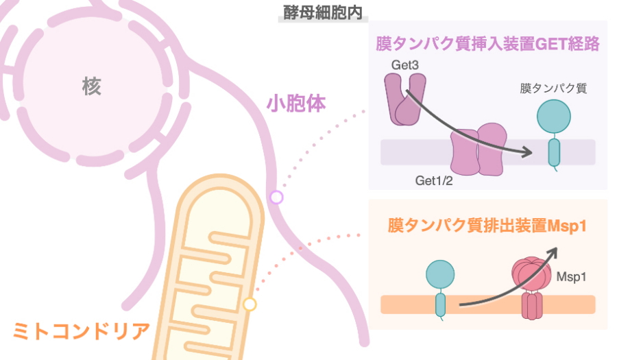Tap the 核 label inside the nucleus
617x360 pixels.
coord(91,86)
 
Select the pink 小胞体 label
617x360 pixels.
coord(295,104)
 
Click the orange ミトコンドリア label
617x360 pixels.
coord(81,331)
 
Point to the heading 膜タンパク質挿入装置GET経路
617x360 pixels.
coord(487,45)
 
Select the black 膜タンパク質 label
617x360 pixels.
coord(553,88)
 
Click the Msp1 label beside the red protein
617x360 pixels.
coord(570,278)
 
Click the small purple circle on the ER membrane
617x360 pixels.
coord(276,197)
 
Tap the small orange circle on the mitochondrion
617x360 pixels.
coord(250,304)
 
